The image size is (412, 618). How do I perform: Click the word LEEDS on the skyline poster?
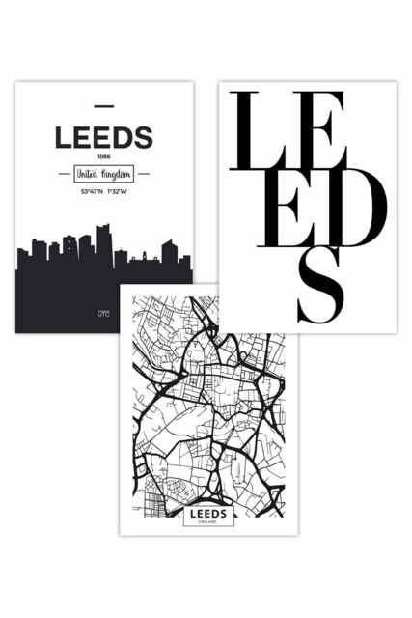(x=103, y=138)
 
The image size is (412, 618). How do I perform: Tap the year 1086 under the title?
(x=103, y=157)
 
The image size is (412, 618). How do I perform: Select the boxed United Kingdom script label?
(x=103, y=175)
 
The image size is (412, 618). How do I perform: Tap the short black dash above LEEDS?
(x=103, y=105)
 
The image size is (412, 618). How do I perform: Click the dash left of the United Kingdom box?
(x=67, y=175)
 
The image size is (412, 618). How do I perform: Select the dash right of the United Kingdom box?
(x=141, y=175)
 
